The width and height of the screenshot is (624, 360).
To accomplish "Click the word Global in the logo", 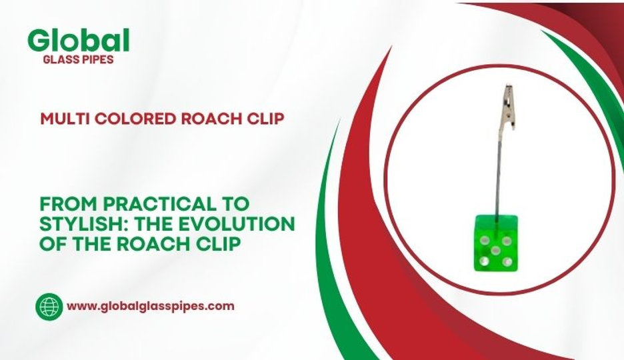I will click(78, 42).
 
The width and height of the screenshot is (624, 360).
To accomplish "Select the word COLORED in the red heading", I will click(127, 119).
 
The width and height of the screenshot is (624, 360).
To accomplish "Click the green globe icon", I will click(48, 307).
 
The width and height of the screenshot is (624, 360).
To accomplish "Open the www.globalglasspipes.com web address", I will click(151, 307).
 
